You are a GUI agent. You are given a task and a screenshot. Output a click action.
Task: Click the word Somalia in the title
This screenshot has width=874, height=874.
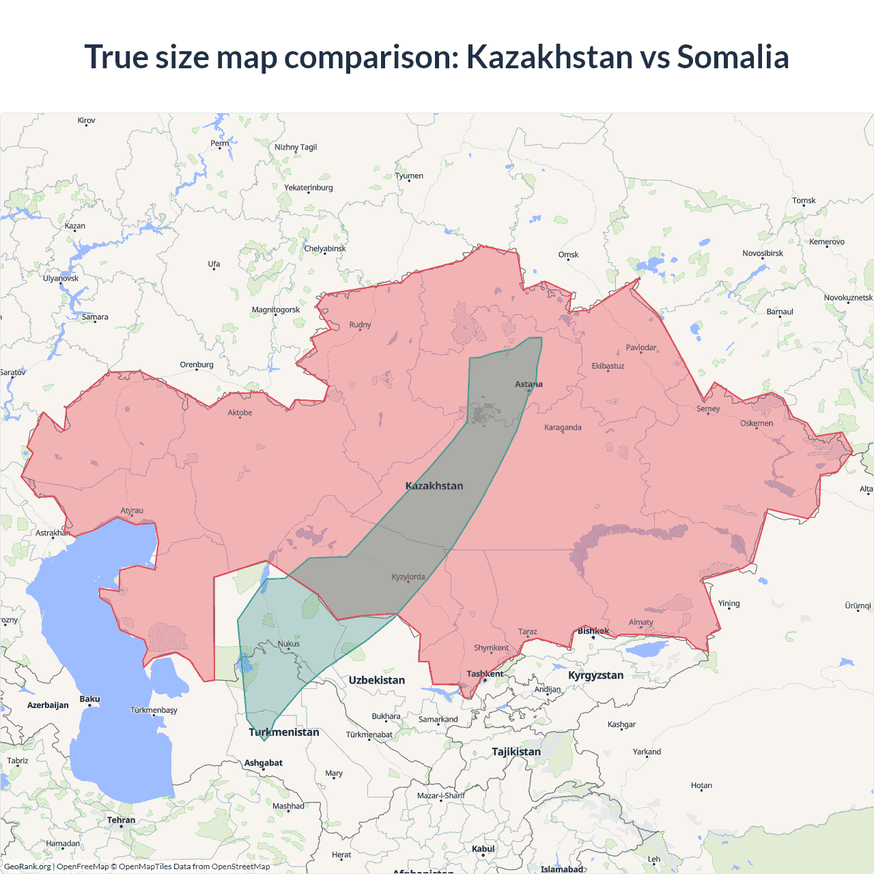click(x=733, y=57)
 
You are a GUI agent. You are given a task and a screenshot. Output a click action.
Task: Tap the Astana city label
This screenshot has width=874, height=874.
click(x=528, y=384)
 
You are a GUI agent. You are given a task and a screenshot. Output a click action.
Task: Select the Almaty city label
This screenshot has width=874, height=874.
click(x=641, y=622)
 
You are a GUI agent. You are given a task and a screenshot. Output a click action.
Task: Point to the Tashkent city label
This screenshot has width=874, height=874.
click(x=485, y=674)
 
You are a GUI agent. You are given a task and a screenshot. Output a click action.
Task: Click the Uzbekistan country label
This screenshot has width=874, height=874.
click(x=377, y=680)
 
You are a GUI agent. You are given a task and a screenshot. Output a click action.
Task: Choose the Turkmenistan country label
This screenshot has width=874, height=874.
click(x=284, y=732)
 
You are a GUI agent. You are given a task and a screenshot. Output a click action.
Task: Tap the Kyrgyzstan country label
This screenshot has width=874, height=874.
click(x=595, y=675)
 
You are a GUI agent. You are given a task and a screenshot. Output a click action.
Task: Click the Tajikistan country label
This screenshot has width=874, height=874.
click(x=516, y=752)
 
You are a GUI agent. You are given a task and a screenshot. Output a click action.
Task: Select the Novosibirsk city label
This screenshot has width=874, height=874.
click(x=763, y=253)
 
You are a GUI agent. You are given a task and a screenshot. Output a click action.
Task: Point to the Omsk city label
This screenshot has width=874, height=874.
click(x=568, y=255)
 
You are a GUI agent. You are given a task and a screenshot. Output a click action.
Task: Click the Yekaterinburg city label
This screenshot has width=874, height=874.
click(x=309, y=188)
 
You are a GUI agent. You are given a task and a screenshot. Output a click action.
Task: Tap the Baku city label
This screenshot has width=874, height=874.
click(x=89, y=699)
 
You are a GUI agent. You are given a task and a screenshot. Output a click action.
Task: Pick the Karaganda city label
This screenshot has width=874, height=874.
click(x=563, y=427)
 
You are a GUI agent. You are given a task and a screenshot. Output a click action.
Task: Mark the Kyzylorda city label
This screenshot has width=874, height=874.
click(x=408, y=577)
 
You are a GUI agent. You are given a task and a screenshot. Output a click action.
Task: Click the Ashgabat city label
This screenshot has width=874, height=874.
click(x=264, y=763)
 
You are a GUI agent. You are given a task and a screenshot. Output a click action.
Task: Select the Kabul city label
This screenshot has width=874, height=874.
click(x=483, y=849)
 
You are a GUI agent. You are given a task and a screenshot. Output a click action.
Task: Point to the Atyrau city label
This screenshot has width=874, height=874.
click(x=132, y=511)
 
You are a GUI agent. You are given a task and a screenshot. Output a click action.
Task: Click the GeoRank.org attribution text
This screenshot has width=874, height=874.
click(x=28, y=866)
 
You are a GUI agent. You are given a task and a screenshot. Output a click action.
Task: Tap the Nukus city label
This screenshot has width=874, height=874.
click(x=289, y=644)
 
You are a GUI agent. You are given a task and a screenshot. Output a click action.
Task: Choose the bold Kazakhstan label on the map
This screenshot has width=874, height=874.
click(x=434, y=486)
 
